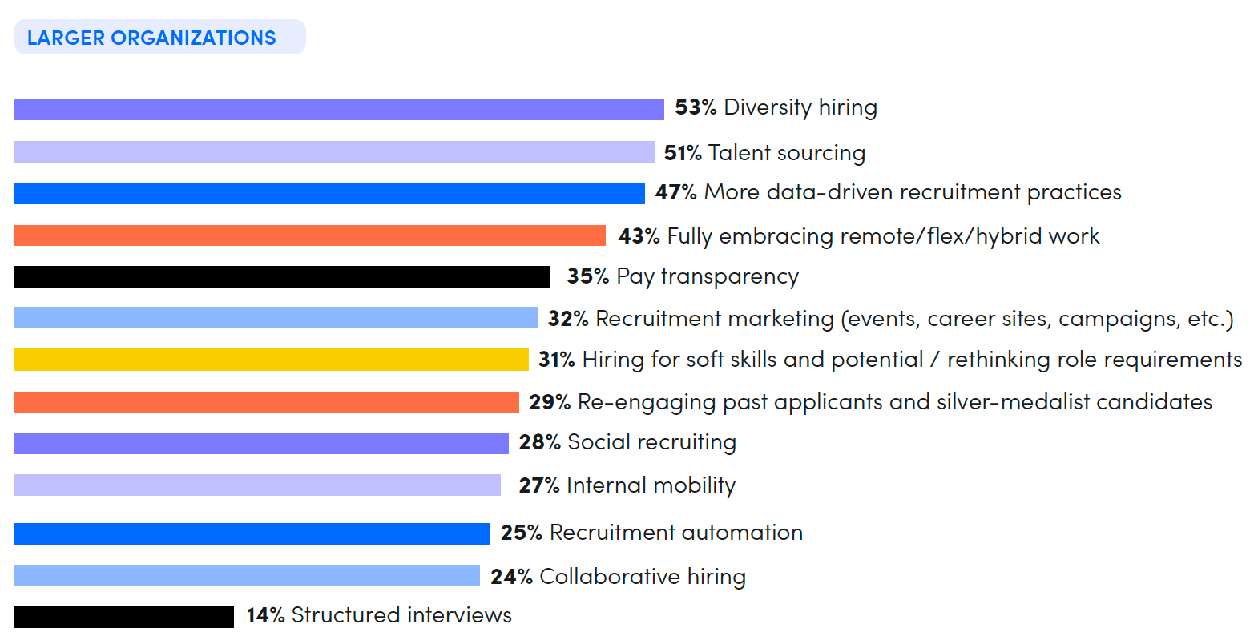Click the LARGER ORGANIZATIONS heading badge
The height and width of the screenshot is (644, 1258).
pyautogui.click(x=159, y=38)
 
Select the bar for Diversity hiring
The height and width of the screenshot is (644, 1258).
pyautogui.click(x=338, y=110)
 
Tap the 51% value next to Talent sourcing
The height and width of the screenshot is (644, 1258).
pyautogui.click(x=682, y=153)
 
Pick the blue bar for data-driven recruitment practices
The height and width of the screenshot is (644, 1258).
pyautogui.click(x=329, y=193)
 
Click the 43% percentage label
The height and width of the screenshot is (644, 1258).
pyautogui.click(x=638, y=236)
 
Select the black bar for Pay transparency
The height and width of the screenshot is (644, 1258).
pyautogui.click(x=281, y=276)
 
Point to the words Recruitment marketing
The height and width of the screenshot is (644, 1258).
pyautogui.click(x=714, y=319)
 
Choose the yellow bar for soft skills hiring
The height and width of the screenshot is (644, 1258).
pyautogui.click(x=271, y=360)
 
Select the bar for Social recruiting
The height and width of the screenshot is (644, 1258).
pyautogui.click(x=260, y=443)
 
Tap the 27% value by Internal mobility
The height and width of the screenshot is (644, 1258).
pyautogui.click(x=538, y=485)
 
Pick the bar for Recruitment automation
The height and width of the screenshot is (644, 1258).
pyautogui.click(x=252, y=533)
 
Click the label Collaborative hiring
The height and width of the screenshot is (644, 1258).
pyautogui.click(x=642, y=577)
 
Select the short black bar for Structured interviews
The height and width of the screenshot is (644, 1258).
pyautogui.click(x=123, y=617)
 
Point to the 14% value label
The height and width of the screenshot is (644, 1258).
pyautogui.click(x=265, y=615)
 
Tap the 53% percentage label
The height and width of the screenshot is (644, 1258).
pyautogui.click(x=695, y=107)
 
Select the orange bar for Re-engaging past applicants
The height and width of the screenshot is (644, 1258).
pyautogui.click(x=266, y=402)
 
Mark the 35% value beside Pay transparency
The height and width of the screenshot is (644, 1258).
pyautogui.click(x=587, y=276)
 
